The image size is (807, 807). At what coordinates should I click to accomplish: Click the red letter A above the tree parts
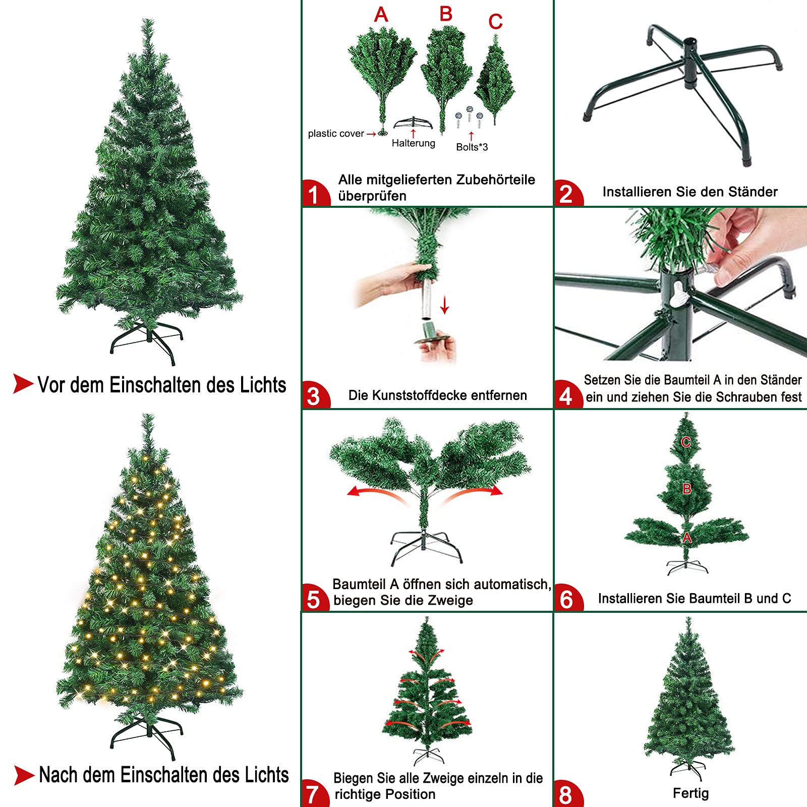click(x=381, y=15)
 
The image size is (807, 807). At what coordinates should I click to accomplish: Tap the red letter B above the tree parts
click(x=446, y=14)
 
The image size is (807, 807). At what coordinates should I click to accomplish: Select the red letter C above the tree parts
click(x=495, y=22)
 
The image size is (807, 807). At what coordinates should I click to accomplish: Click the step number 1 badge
click(x=315, y=193)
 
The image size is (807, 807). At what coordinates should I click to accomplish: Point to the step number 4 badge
click(x=567, y=394)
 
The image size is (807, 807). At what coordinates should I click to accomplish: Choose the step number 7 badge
click(x=314, y=793)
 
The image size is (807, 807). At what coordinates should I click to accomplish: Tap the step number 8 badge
click(x=567, y=794)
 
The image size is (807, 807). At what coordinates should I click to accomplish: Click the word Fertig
click(x=690, y=793)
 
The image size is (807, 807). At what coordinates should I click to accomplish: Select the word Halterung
click(x=414, y=143)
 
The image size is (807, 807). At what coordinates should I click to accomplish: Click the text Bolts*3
click(x=472, y=147)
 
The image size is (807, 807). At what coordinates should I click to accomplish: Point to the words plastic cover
click(x=336, y=134)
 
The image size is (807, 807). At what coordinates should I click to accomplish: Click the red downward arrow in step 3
click(x=444, y=305)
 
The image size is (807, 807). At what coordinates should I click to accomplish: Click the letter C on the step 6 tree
click(x=686, y=442)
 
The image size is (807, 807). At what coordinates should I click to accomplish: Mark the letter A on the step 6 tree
click(x=687, y=538)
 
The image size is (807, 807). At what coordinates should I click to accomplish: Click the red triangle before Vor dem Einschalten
click(x=23, y=383)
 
